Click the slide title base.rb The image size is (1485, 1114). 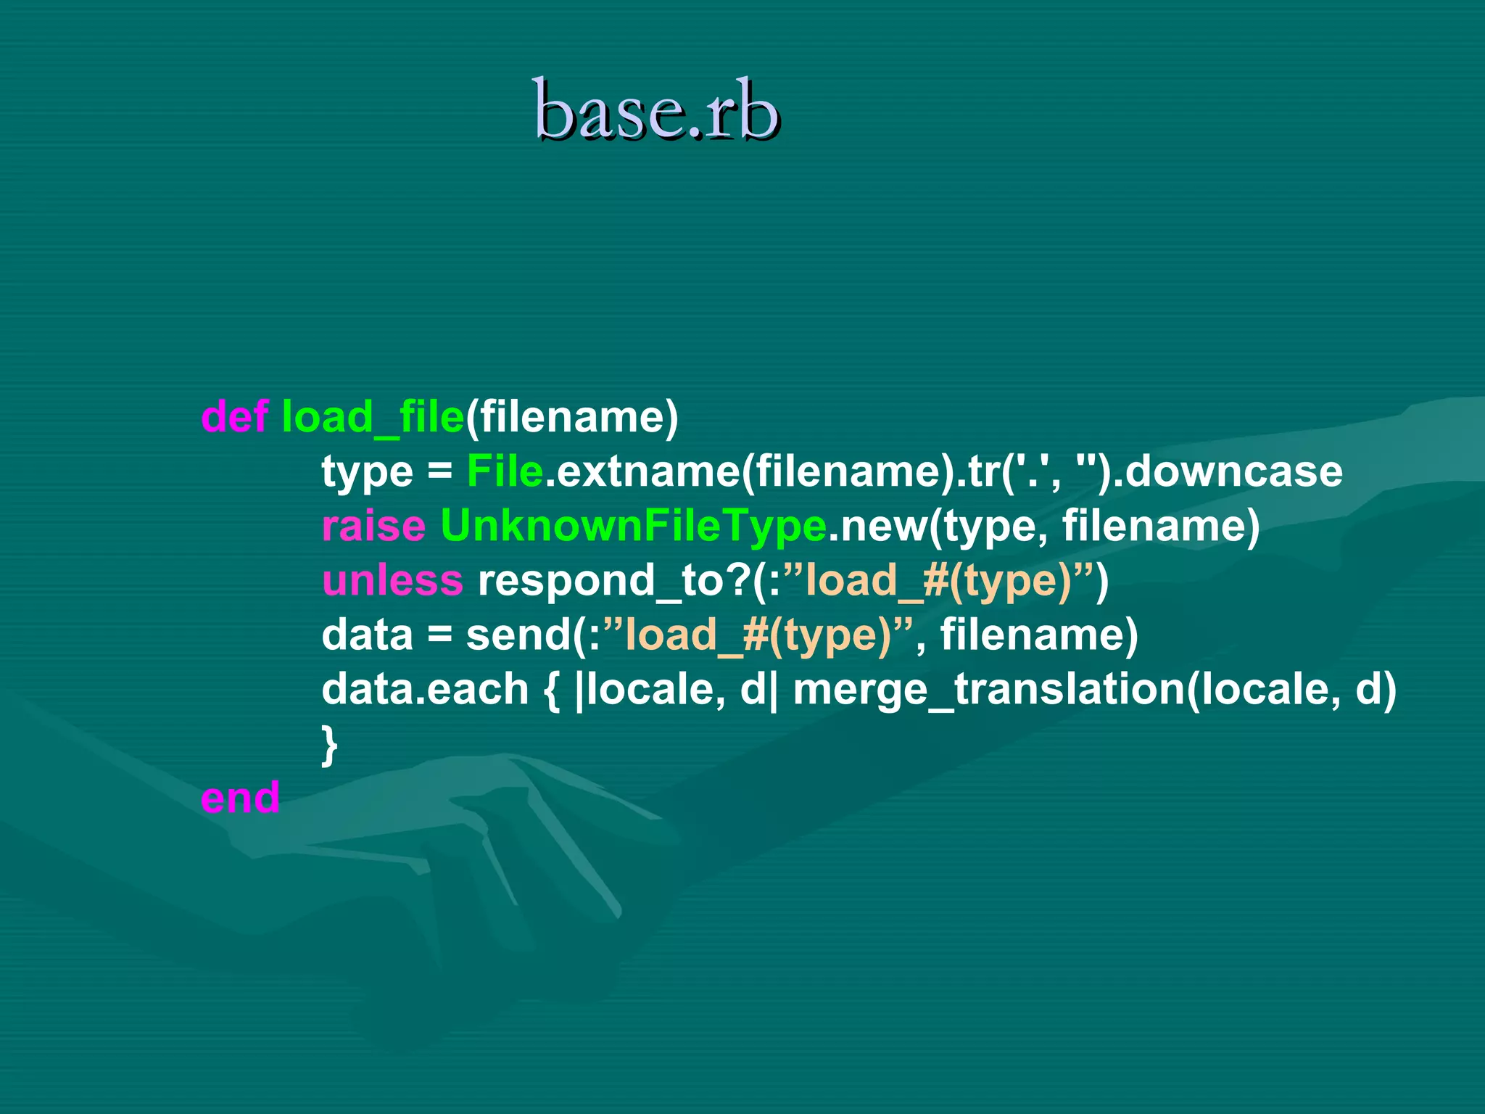pos(656,110)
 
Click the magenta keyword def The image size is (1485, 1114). pos(235,417)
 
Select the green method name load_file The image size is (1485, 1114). pos(373,417)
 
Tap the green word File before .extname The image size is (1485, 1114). pos(505,471)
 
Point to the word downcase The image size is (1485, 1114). pos(1233,471)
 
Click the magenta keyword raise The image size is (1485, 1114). pos(373,526)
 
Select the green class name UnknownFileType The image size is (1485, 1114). pos(633,526)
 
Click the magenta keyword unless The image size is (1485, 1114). pos(392,580)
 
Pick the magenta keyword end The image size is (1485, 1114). pos(240,798)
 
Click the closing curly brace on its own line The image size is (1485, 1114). pos(330,744)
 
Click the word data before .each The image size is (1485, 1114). pos(367,689)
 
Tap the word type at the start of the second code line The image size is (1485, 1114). pos(367,471)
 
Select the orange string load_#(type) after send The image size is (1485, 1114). pos(758,635)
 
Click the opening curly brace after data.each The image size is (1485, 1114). pos(551,689)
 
